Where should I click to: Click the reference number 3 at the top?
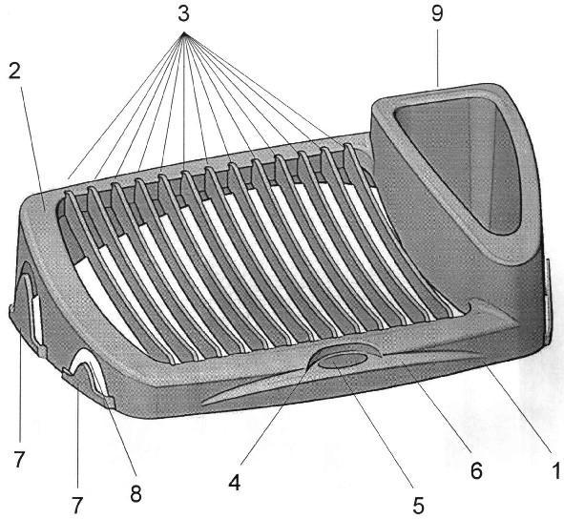183,14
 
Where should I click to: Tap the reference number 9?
437,14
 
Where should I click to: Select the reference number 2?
15,72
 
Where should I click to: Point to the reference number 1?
556,470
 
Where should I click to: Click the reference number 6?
476,470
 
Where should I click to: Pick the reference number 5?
418,506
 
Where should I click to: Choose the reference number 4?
235,483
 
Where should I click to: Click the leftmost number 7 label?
19,459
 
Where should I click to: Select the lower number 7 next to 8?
77,506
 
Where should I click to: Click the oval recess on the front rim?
343,360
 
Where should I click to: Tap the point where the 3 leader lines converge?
184,33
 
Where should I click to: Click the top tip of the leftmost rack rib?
68,193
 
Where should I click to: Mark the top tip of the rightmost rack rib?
347,145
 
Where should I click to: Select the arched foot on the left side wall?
28,305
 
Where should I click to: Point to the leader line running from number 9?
438,58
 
